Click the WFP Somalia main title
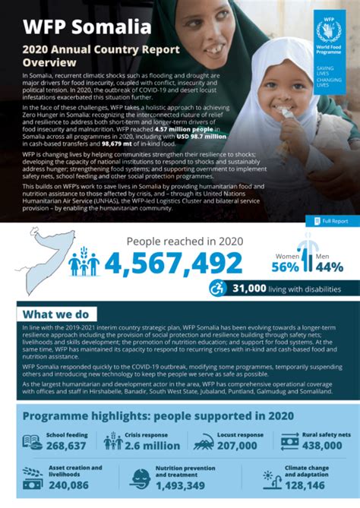[87, 28]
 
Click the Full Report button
[328, 221]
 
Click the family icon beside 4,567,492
[84, 264]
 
